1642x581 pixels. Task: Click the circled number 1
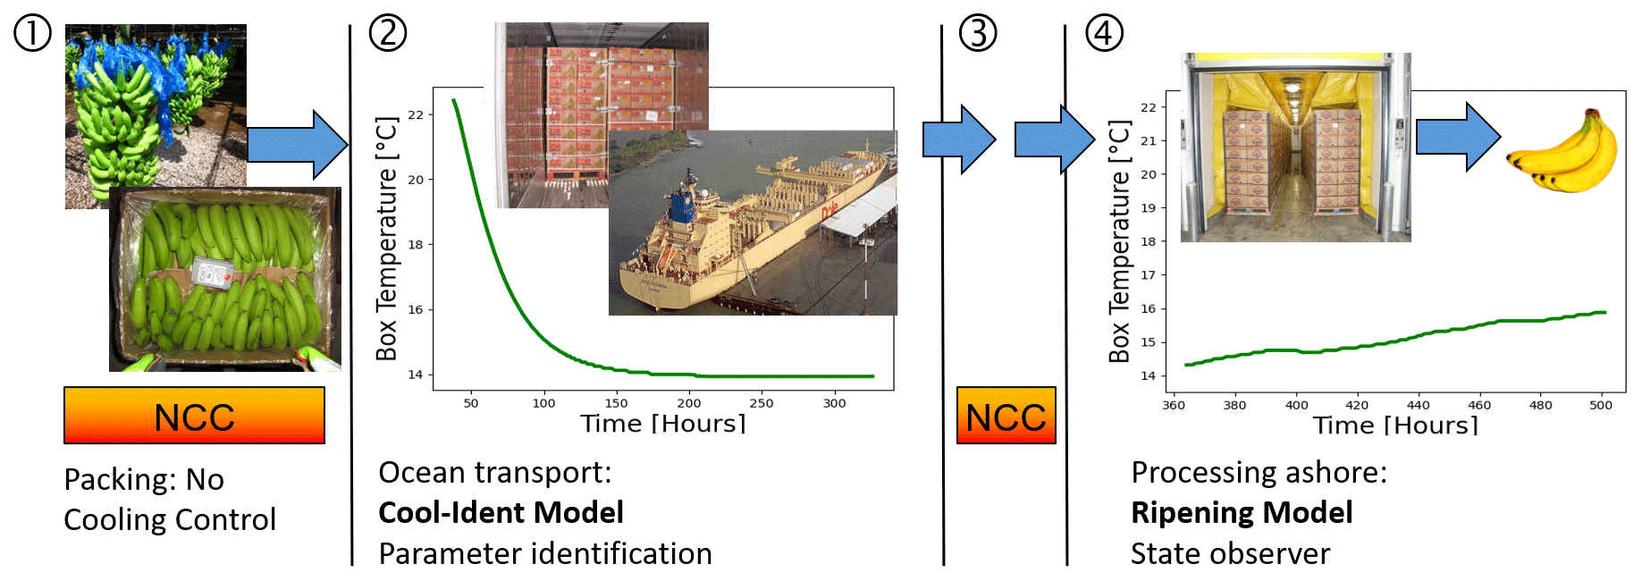31,35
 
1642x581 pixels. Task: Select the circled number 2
388,34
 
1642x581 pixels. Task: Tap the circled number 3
978,34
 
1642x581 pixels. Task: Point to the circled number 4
1104,34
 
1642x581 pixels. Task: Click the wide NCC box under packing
194,416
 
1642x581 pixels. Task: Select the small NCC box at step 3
1006,416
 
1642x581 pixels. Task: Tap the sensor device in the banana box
212,272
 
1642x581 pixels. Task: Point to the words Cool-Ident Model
501,513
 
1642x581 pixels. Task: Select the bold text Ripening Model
1242,513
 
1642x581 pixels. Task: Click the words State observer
1230,554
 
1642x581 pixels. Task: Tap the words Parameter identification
545,554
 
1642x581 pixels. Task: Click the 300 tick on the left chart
834,403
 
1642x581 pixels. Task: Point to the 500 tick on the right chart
1601,405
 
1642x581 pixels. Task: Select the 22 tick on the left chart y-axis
416,114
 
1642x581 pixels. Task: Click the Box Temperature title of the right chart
1119,241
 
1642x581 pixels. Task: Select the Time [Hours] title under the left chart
662,424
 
